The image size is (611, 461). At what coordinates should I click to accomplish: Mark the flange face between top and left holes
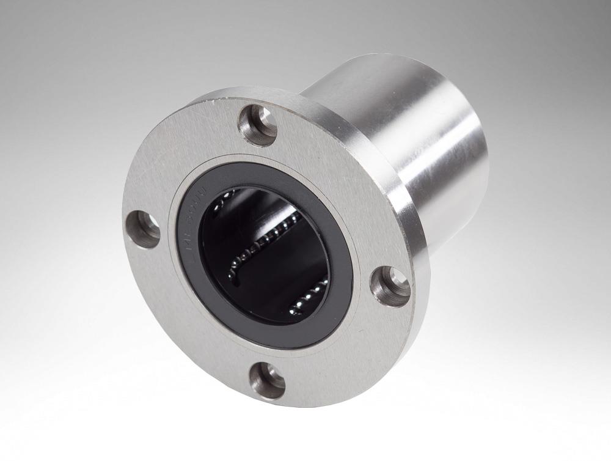pos(177,165)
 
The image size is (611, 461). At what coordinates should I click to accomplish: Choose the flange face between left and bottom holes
pos(183,318)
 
